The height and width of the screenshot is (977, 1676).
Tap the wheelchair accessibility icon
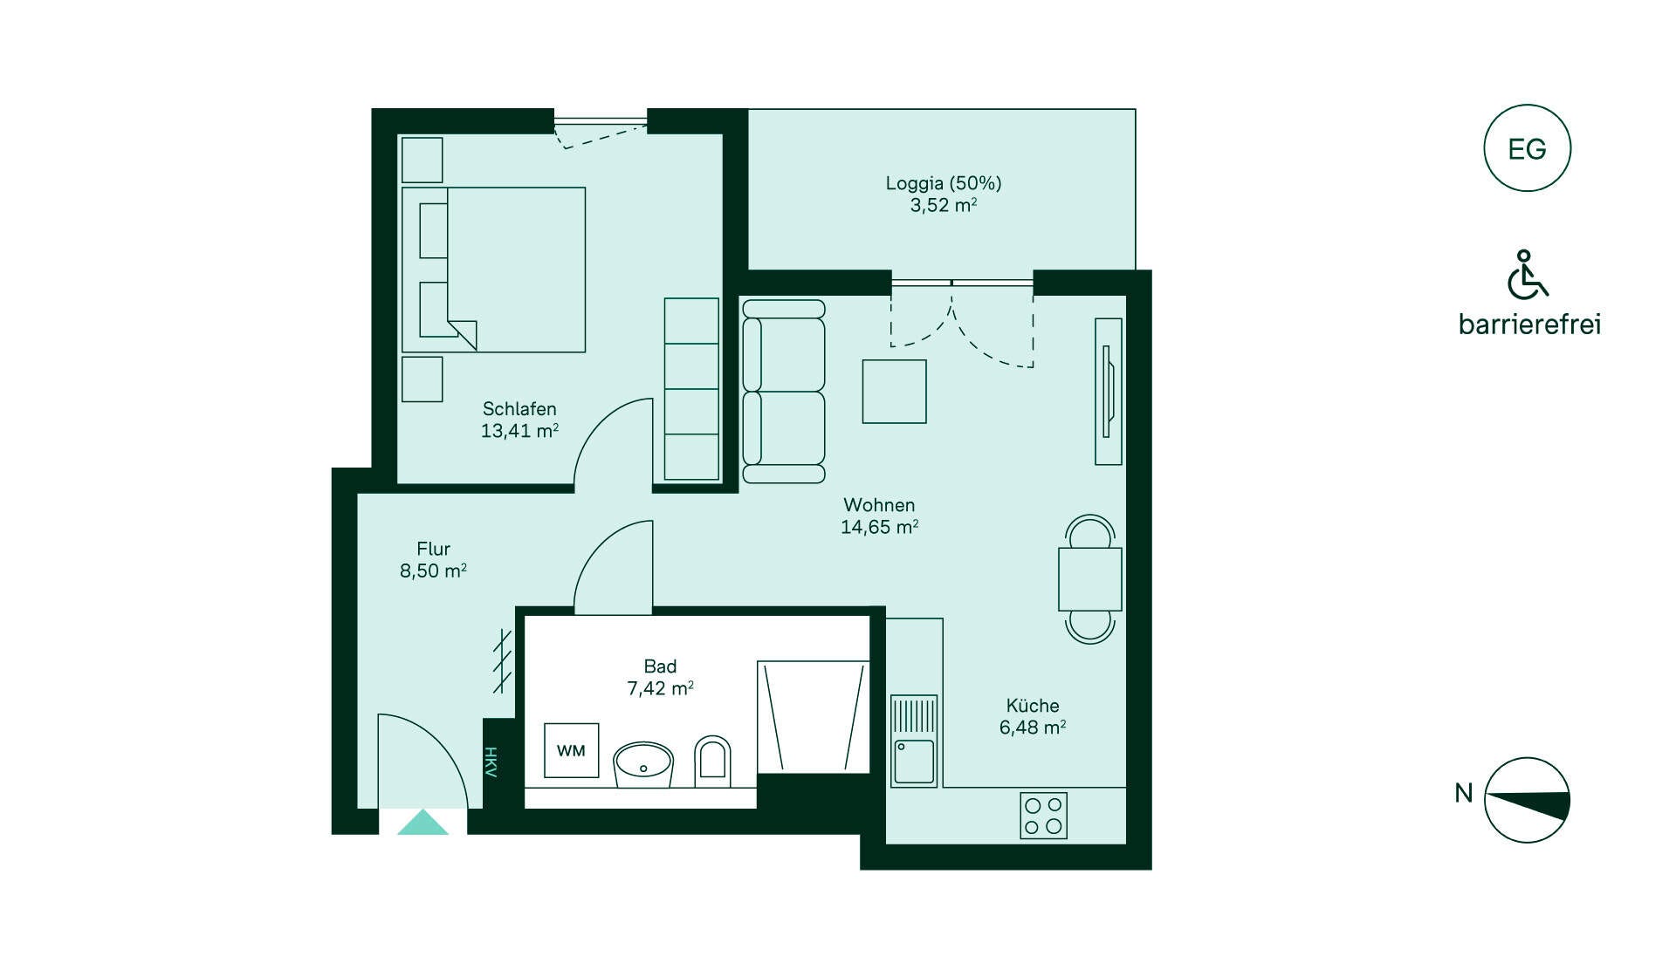[1527, 274]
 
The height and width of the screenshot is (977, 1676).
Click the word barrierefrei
[1529, 325]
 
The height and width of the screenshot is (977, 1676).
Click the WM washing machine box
[571, 750]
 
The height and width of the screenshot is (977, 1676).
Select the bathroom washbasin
[643, 764]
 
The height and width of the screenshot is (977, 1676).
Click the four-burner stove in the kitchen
[1043, 816]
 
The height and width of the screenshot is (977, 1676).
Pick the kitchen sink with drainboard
[914, 741]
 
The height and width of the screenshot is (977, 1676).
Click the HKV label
[491, 762]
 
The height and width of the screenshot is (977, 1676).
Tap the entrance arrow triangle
[422, 822]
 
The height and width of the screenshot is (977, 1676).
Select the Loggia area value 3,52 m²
[944, 206]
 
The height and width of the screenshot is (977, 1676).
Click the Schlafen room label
[519, 408]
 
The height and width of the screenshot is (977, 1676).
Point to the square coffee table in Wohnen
[894, 391]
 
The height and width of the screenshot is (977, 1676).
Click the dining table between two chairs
[1089, 579]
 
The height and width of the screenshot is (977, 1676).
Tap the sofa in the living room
[783, 391]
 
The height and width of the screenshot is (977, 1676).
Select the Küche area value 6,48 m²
[1033, 728]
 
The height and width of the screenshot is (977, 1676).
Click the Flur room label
[433, 549]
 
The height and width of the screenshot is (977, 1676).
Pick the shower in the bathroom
[814, 716]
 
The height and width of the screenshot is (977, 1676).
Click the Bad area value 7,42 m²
[660, 688]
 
